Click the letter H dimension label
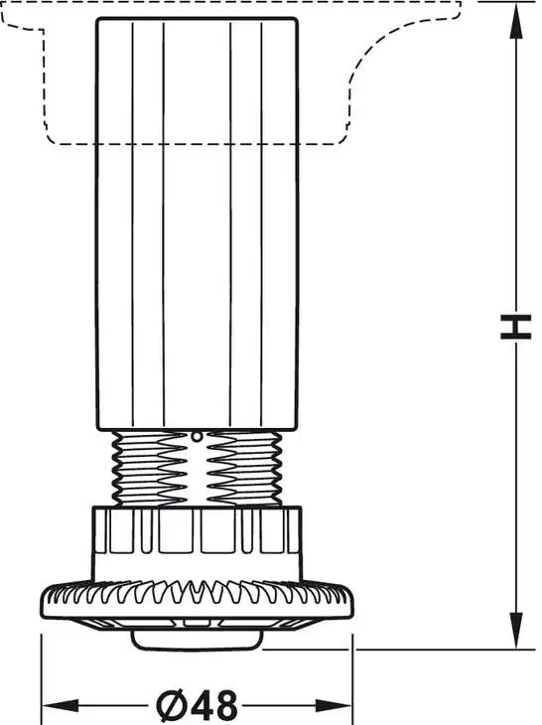[x=515, y=327]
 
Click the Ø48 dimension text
[x=197, y=705]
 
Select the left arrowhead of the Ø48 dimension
[x=61, y=705]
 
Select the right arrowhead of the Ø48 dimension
[x=334, y=705]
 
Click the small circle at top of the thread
[x=198, y=436]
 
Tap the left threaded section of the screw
[x=150, y=468]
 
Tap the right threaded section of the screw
[x=244, y=468]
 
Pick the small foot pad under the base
[x=198, y=639]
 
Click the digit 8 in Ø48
[x=226, y=705]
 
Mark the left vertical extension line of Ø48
[x=42, y=678]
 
